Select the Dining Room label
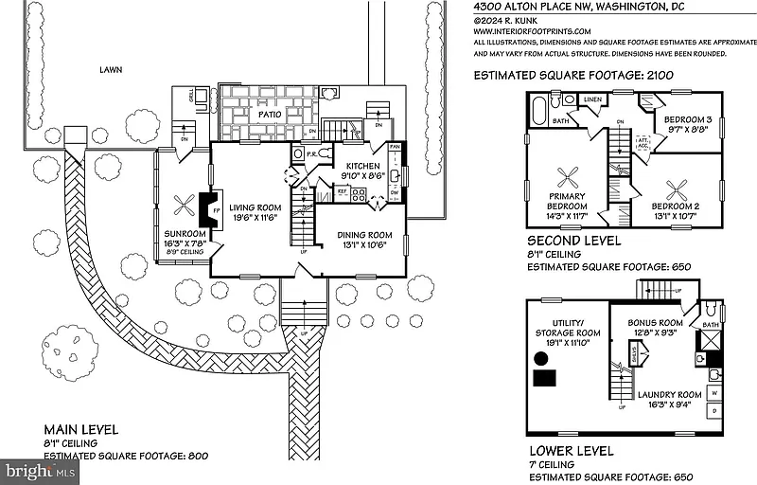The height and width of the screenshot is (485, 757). point(365,235)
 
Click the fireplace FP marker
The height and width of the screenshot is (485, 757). point(215,208)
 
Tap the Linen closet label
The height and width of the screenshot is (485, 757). point(593,99)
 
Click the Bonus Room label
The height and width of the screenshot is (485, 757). point(655,323)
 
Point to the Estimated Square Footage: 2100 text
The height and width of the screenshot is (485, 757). point(559,74)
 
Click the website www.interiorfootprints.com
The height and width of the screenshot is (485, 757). point(535,29)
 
